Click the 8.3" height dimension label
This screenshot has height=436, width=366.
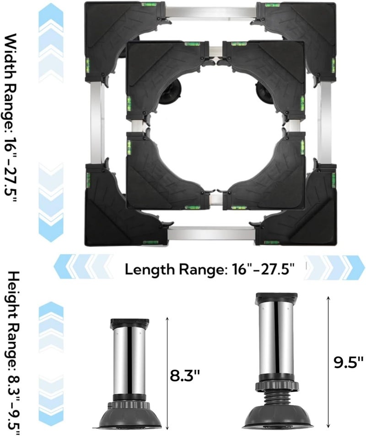pos(185,377)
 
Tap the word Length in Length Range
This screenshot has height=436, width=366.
pos(150,269)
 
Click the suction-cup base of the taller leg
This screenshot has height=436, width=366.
pos(277,416)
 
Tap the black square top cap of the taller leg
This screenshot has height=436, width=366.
pos(276,299)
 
